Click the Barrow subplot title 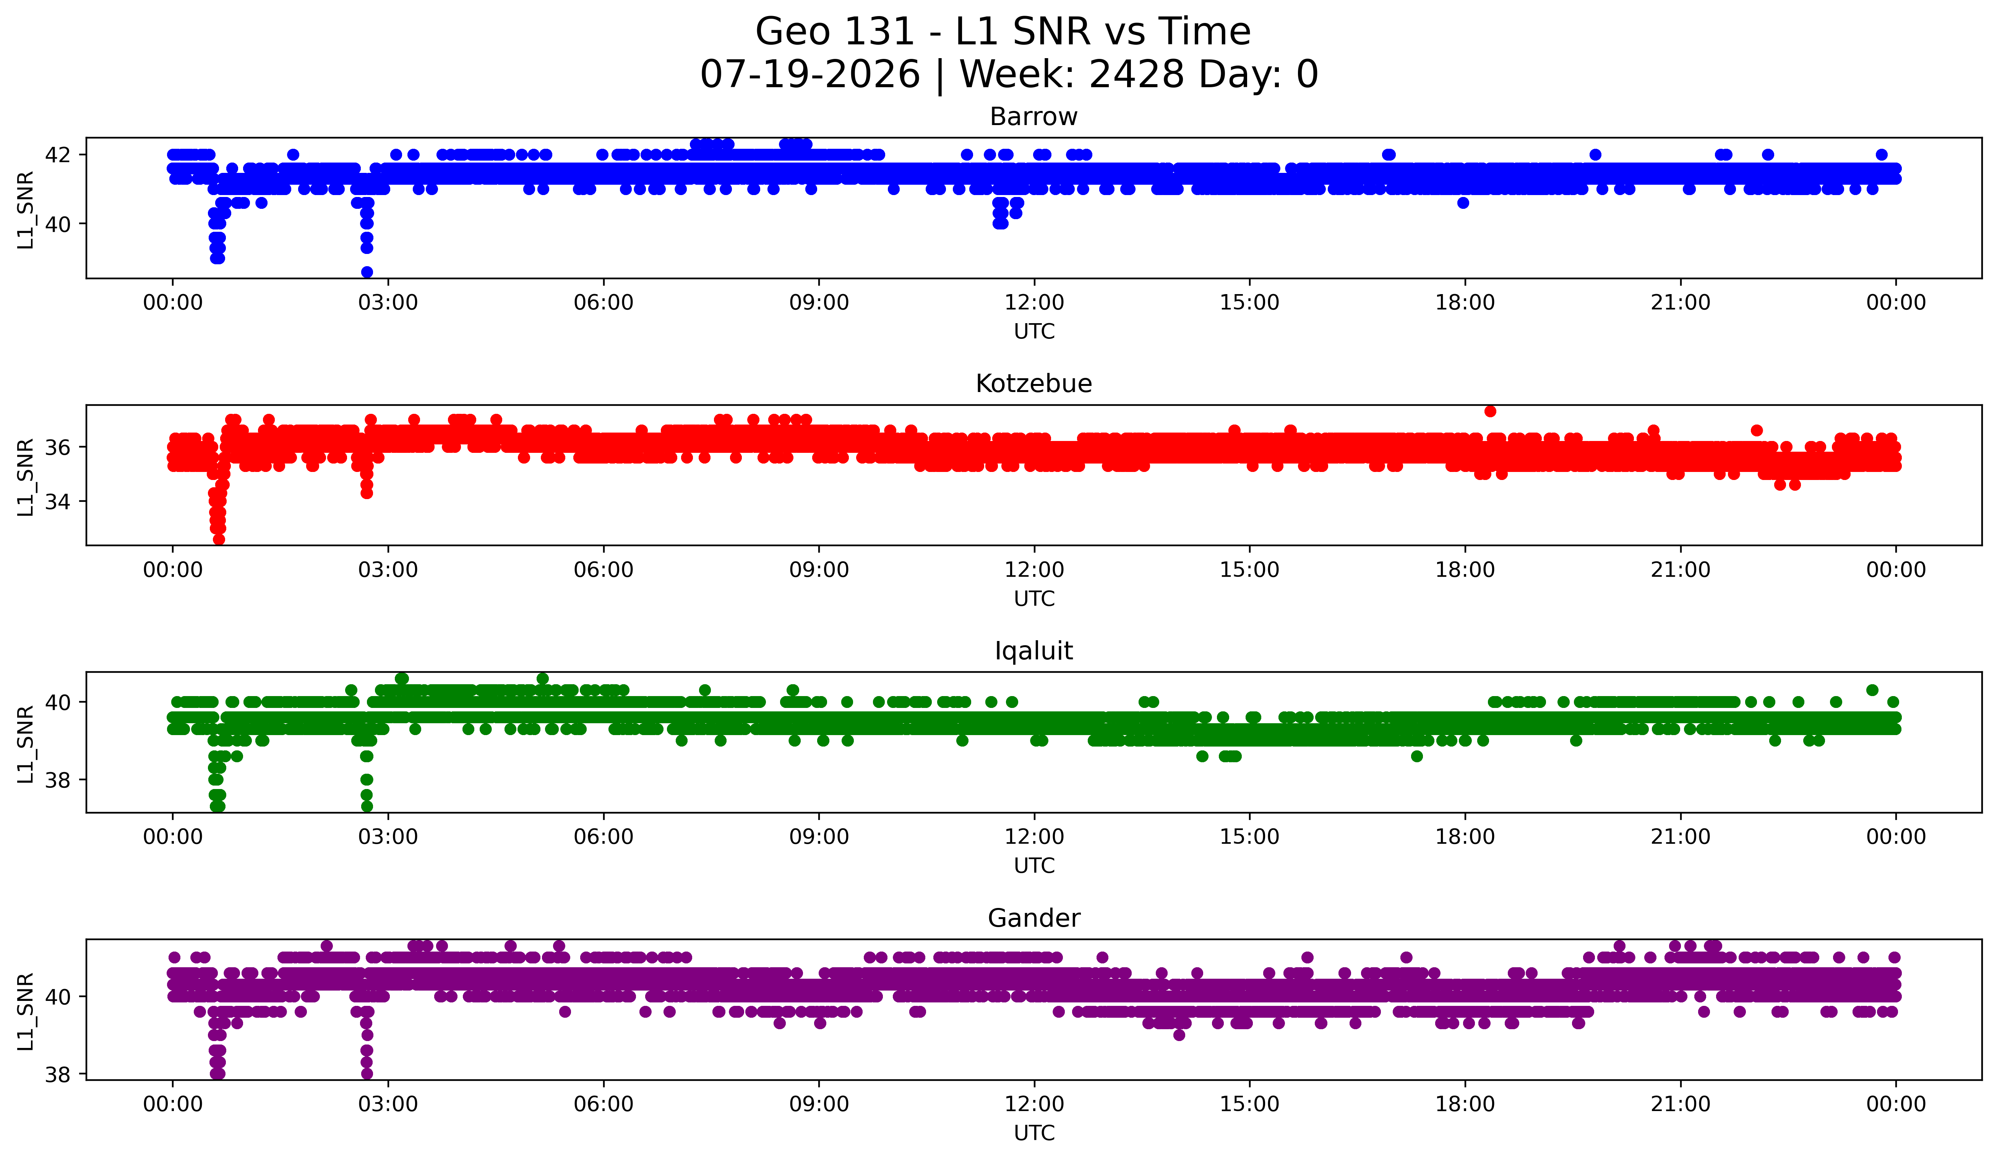(1033, 117)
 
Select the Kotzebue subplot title (1033, 384)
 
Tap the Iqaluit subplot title (1033, 651)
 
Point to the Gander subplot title (1033, 918)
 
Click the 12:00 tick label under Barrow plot (1034, 302)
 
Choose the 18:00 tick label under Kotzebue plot (1465, 569)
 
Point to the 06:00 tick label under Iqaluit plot (603, 836)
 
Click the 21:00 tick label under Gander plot (1680, 1104)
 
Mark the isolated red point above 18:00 (1490, 411)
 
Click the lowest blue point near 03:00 (367, 272)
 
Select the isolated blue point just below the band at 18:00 (1463, 203)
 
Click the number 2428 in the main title (1137, 75)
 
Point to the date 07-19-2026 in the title (810, 75)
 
